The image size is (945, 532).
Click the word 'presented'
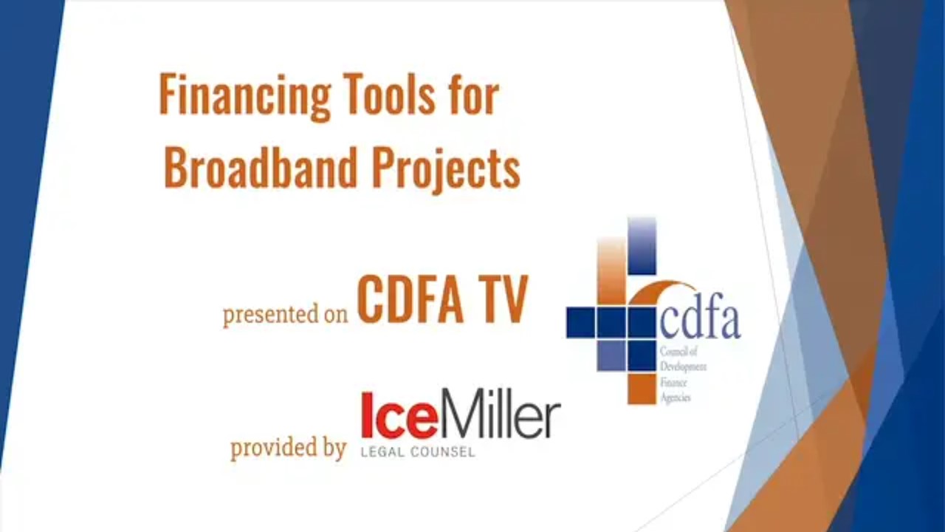(x=270, y=315)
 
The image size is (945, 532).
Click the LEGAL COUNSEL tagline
(x=418, y=452)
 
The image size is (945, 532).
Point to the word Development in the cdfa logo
(x=683, y=366)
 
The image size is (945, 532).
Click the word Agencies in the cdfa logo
(x=675, y=398)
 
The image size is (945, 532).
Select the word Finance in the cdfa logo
(x=673, y=382)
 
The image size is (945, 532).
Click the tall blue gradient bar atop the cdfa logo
(x=642, y=246)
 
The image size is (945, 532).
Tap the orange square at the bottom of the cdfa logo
(x=642, y=389)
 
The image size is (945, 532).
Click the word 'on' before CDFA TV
(x=336, y=316)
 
